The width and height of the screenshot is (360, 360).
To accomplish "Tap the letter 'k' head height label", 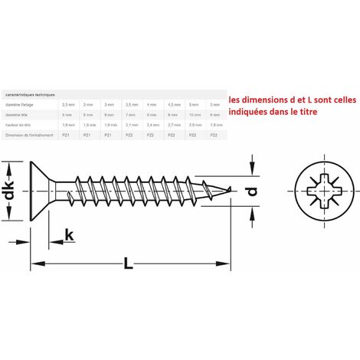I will pos(69,236).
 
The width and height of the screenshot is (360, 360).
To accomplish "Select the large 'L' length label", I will pos(128,264).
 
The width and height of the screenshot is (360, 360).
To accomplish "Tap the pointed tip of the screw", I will pos(227,189).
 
